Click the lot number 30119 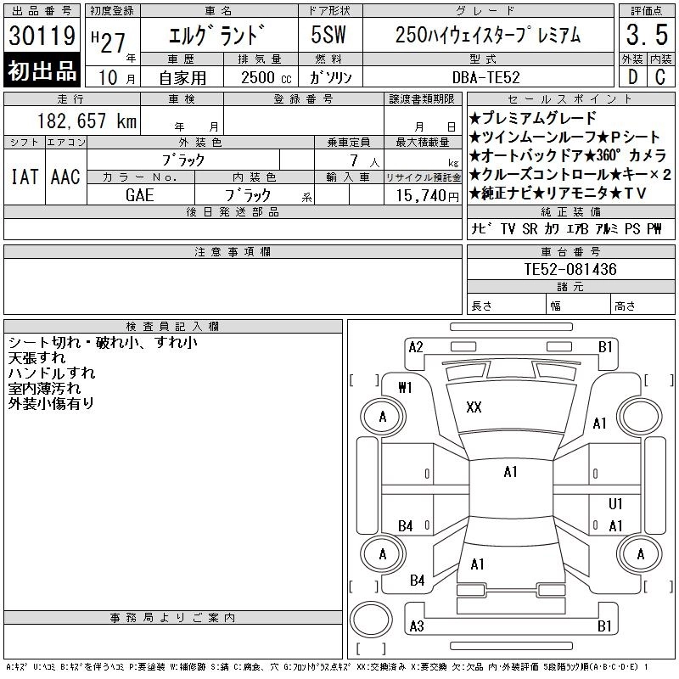coord(42,36)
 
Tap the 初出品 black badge coord(42,70)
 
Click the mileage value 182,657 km coord(87,121)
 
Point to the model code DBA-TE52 coord(485,77)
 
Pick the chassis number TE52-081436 coord(570,269)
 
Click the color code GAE coord(139,195)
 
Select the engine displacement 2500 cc coord(266,78)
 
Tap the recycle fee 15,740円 coord(427,196)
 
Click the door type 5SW coord(328,35)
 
